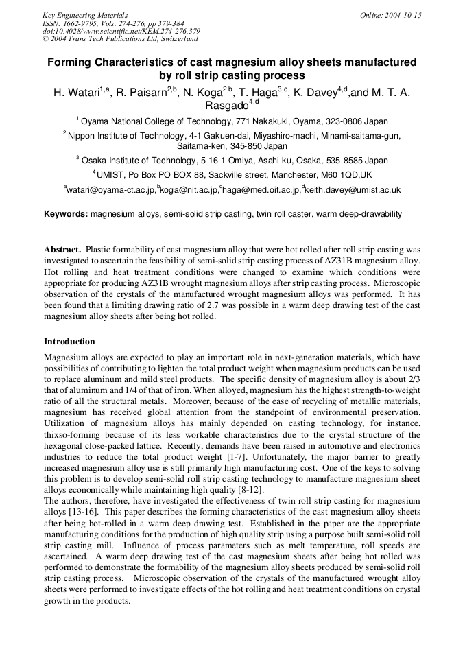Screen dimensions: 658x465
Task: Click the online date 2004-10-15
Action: (404, 15)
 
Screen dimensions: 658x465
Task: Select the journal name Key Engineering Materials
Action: (85, 15)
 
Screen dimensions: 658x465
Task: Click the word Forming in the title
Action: (69, 62)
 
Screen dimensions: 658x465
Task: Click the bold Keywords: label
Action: (66, 214)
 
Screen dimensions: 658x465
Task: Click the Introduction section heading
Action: (69, 341)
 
